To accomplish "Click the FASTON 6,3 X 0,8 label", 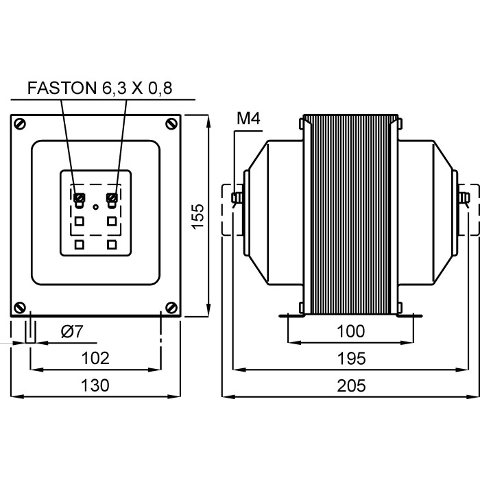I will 99,88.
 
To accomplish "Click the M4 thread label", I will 248,119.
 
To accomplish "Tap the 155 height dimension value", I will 197,217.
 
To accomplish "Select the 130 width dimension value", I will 96,385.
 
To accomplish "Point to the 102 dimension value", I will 96,358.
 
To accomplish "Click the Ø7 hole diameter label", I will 71,332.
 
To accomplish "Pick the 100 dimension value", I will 351,332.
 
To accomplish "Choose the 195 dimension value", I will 351,358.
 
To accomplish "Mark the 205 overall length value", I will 351,385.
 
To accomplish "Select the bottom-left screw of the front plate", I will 21,307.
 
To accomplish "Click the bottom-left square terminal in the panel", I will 80,243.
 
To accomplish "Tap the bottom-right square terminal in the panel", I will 111,243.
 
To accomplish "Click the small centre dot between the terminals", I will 95,206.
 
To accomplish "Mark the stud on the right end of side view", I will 465,200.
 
